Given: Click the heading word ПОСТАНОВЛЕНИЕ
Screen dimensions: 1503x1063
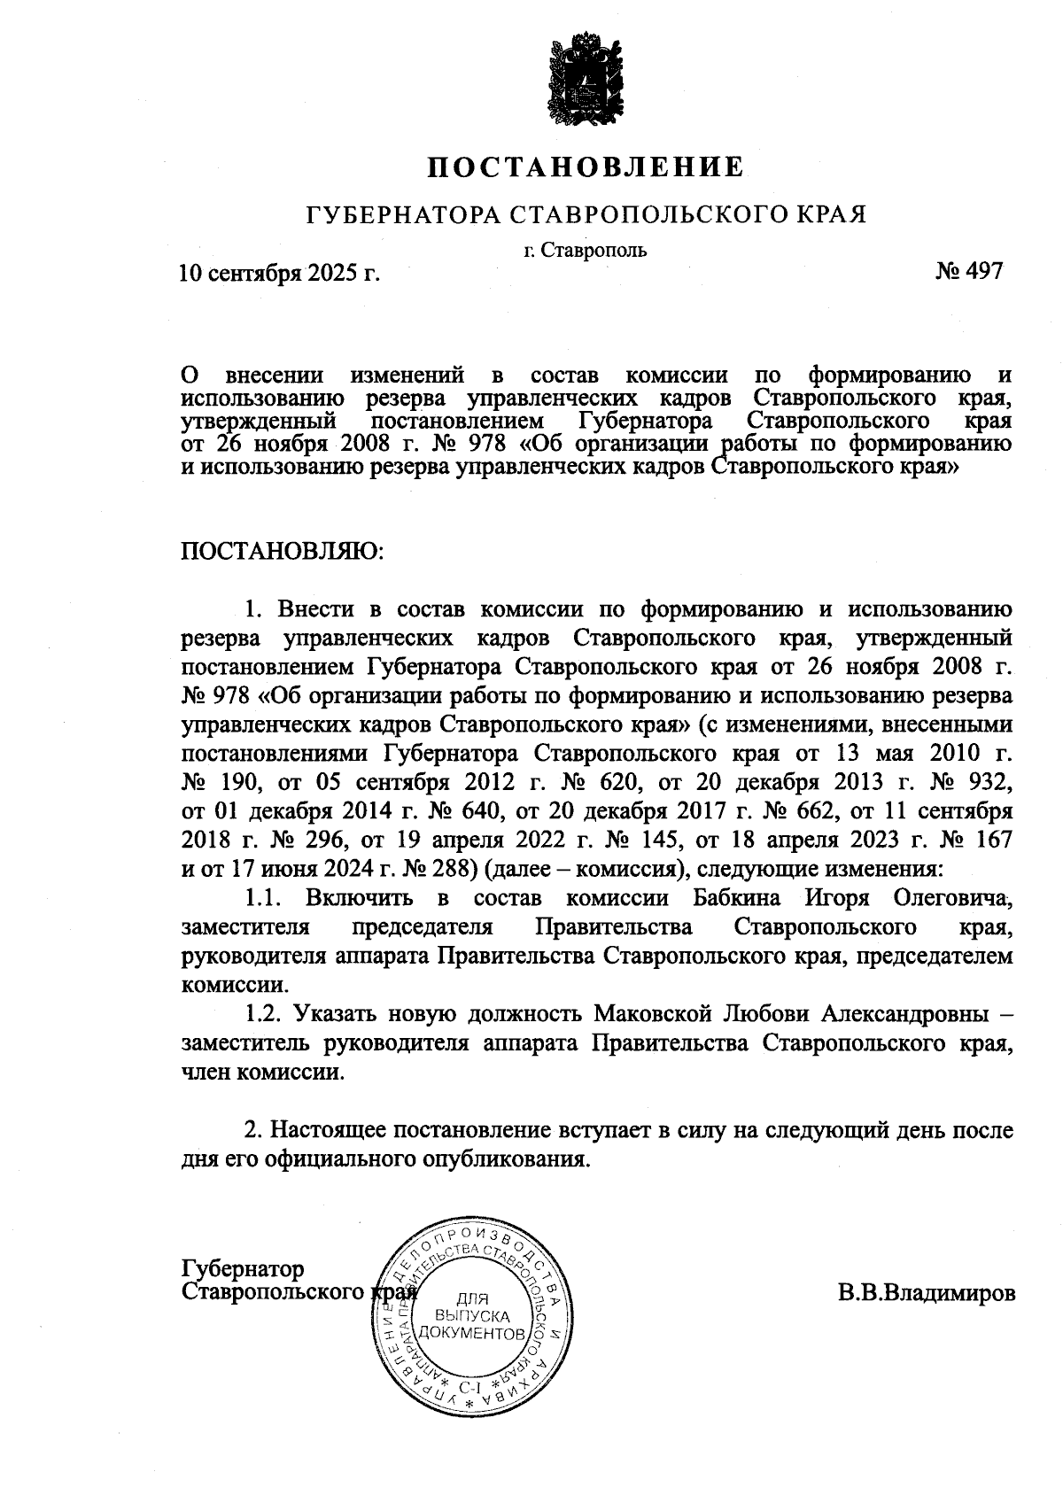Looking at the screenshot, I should [x=586, y=167].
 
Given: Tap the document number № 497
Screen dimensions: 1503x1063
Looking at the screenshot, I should [x=968, y=271].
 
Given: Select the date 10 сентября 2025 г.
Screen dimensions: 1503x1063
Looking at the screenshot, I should [x=280, y=273].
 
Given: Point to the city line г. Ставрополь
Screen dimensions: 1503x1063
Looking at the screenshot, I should [x=585, y=250].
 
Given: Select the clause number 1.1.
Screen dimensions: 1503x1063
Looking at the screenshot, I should [x=263, y=898].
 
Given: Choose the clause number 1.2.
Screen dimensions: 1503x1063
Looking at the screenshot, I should [x=263, y=1012].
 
